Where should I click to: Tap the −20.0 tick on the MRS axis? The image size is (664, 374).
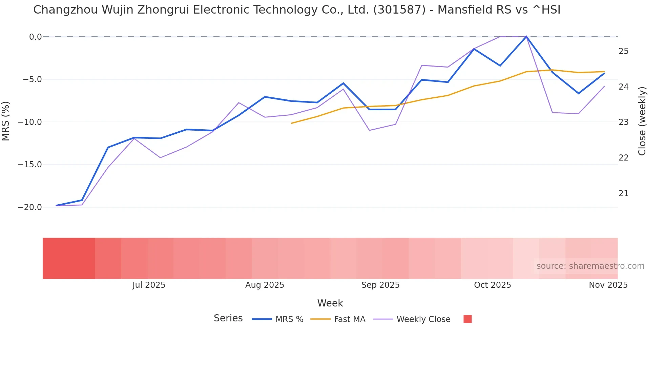pos(30,207)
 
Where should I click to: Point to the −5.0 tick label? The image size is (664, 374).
pos(32,79)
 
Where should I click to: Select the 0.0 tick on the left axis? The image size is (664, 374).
pos(35,37)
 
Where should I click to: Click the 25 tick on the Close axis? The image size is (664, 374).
pos(623,51)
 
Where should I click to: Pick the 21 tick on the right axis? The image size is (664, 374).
pos(623,193)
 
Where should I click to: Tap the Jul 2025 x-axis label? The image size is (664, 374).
pos(149,285)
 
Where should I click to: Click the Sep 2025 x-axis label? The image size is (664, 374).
pos(380,285)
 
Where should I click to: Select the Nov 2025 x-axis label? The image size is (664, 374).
pos(608,285)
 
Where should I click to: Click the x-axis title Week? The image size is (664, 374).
pos(330,303)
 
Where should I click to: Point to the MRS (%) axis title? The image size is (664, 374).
pos(6,121)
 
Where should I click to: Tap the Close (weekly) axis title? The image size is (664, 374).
pos(642,121)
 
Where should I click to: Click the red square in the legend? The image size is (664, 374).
pos(468,319)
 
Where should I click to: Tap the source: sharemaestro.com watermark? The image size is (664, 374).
pos(590,266)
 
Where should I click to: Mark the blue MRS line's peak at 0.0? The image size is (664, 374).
pos(526,36)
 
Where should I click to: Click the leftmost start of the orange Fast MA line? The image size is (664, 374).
pos(291,123)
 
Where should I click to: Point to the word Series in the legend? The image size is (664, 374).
pos(228,318)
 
